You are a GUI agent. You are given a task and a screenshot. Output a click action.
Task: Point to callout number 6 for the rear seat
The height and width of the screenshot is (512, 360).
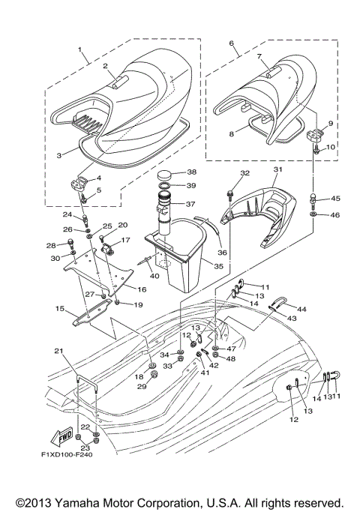(231, 44)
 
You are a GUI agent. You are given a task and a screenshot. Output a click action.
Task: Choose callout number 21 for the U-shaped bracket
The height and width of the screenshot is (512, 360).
(57, 352)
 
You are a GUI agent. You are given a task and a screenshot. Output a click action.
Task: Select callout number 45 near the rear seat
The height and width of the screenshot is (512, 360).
(335, 199)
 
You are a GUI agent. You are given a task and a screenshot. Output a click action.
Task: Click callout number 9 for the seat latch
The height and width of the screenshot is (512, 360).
(330, 122)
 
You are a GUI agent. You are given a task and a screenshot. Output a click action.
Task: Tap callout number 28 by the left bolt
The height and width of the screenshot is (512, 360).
(51, 245)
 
